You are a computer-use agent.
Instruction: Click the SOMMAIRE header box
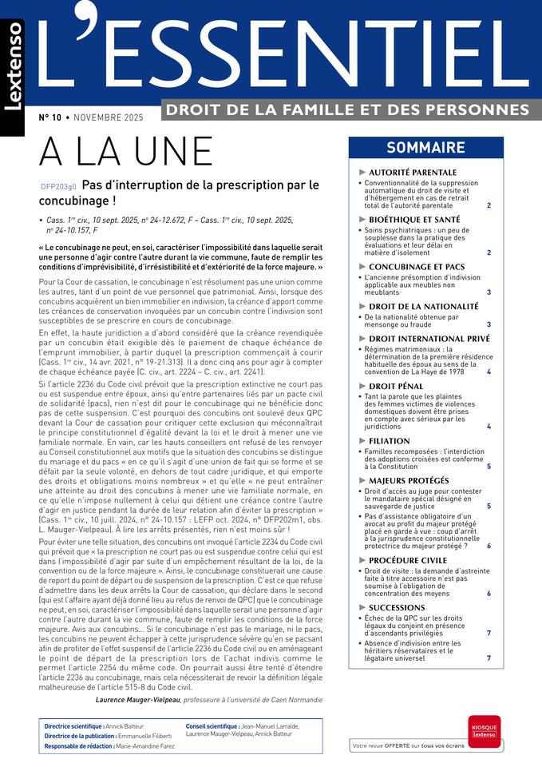coord(425,148)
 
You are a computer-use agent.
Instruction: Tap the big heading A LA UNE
coord(126,152)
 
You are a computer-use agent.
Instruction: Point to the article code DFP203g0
coord(58,187)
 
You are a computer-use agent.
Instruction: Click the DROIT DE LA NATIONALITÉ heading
coord(423,306)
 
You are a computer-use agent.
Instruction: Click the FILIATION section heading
coord(390,440)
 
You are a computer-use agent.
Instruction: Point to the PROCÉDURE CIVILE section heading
coord(409,559)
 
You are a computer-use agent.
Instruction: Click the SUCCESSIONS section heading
coord(397,607)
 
